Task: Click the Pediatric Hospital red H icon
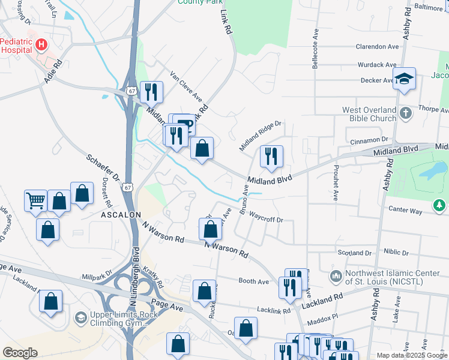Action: point(41,44)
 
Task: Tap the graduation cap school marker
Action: point(405,79)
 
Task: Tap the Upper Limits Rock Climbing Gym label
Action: point(118,319)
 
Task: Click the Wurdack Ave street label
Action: point(377,64)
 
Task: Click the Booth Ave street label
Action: point(253,281)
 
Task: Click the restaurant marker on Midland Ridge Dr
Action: point(271,156)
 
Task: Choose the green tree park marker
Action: point(440,206)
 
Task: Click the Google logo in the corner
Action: point(20,353)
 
